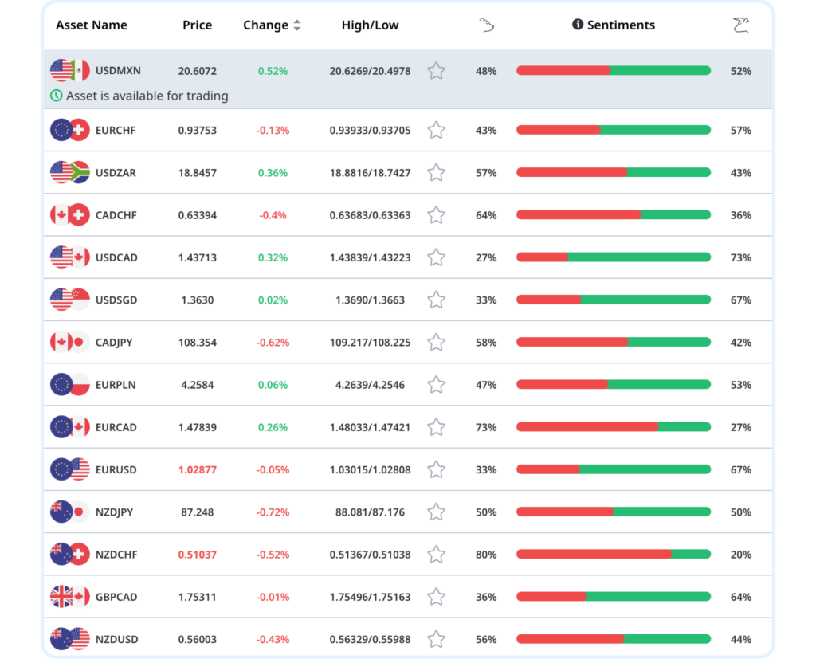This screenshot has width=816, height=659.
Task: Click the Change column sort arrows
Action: tap(297, 25)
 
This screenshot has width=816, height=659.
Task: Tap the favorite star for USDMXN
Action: tap(436, 71)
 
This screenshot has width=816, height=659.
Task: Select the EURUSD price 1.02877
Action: tap(198, 469)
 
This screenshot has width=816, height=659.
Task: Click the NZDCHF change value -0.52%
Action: tap(273, 555)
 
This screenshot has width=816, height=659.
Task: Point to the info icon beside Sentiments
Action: tap(578, 25)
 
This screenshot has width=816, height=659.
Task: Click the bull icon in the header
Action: tap(741, 25)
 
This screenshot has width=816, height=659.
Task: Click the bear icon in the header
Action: tap(487, 25)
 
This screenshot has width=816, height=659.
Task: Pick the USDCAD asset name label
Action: tap(116, 257)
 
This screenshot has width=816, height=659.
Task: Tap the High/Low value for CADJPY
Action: tap(370, 343)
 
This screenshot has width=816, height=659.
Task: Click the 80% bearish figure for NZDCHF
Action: tap(486, 555)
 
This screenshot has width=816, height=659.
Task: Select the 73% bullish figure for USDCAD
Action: tap(741, 257)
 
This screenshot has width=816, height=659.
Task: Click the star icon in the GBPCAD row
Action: tap(436, 597)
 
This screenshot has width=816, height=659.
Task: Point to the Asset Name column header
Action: tap(92, 25)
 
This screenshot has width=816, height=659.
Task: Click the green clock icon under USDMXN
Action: tap(57, 96)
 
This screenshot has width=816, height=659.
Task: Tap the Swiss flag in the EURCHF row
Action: tap(79, 130)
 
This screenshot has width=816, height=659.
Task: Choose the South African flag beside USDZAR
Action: tap(80, 172)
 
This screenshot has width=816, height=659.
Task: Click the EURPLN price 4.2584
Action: tap(198, 385)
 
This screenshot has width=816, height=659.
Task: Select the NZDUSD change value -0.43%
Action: tap(273, 639)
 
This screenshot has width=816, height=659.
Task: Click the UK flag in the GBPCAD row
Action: tap(61, 597)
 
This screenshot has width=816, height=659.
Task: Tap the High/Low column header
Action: tap(370, 25)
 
